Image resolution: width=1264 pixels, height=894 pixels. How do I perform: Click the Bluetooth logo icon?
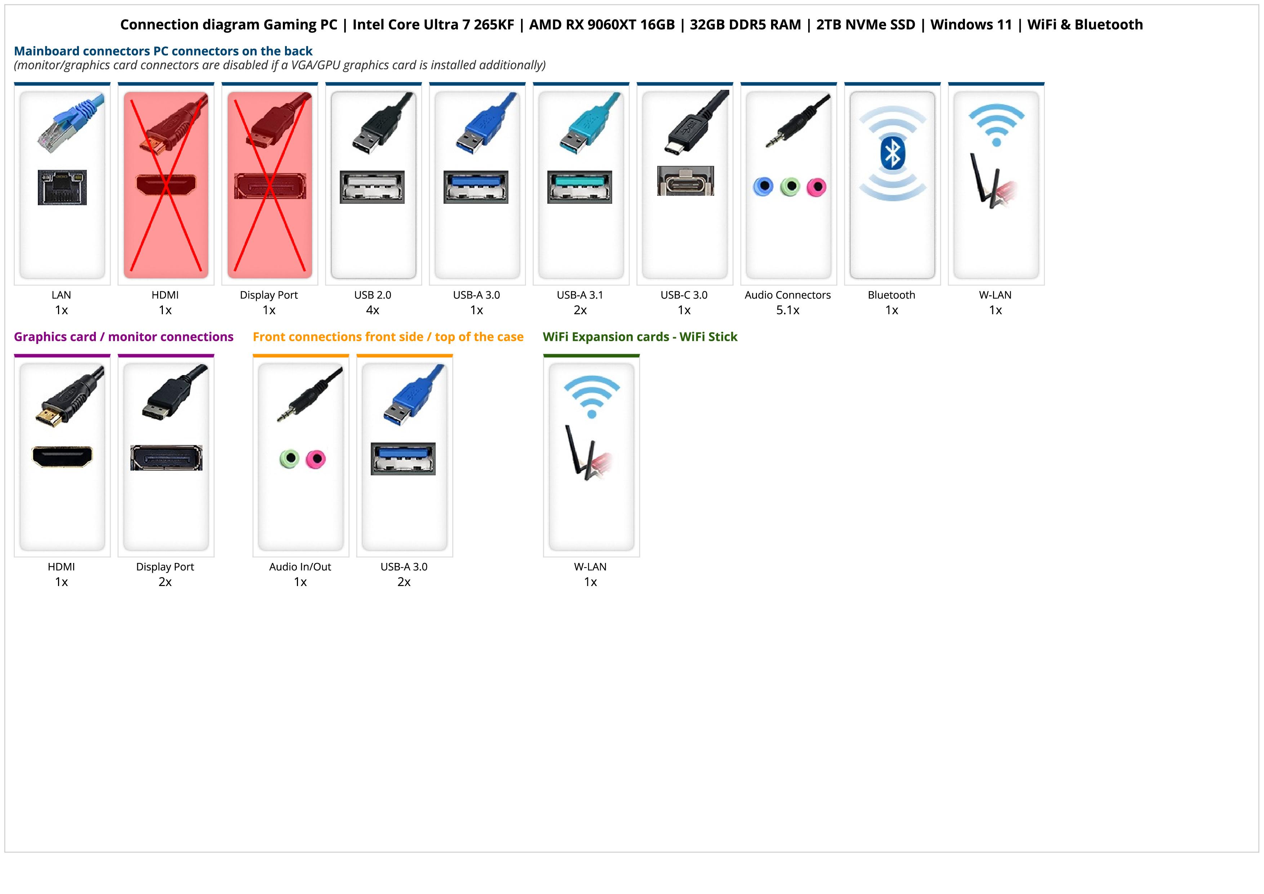coord(893,153)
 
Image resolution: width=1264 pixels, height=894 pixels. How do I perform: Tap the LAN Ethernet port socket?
coord(62,187)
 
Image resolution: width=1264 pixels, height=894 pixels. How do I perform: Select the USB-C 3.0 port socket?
coord(685,181)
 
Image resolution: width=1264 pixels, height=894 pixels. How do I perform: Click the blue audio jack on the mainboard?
coord(763,187)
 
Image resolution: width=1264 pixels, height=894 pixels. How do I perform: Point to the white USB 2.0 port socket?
coord(372,187)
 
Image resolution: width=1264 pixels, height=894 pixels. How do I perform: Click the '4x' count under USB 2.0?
coord(373,310)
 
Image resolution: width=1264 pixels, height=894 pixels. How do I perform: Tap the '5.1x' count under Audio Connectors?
coord(788,310)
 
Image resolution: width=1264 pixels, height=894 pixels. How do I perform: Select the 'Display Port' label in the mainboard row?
coord(269,295)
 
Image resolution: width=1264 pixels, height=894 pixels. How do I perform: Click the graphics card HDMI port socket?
coord(62,457)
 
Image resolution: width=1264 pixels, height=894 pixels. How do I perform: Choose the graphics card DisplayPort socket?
coord(166,458)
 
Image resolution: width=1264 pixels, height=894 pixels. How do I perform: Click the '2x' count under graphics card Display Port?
coord(165,582)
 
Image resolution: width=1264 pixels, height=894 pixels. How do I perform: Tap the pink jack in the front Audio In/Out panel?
coord(315,459)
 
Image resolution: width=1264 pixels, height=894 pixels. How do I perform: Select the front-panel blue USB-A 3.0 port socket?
coord(403,458)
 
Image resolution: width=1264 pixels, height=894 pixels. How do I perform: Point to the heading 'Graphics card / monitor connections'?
coord(123,336)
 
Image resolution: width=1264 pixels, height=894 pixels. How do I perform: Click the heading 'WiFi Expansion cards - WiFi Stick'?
coord(640,336)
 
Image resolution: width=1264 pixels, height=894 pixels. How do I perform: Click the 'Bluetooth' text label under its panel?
coord(891,295)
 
